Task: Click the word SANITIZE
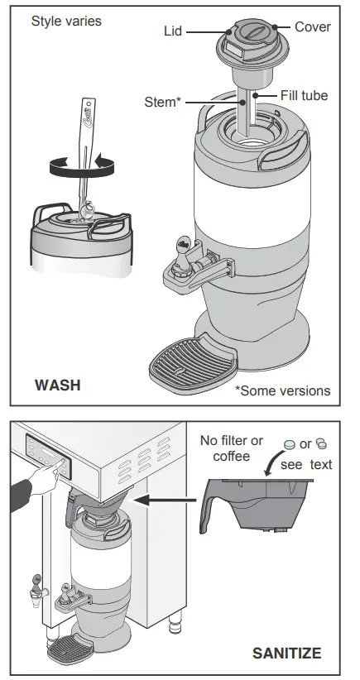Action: (286, 653)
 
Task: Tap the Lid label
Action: (173, 31)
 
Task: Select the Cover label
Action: (312, 26)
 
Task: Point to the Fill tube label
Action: (304, 95)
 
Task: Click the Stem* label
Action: (163, 103)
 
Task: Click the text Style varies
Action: (66, 21)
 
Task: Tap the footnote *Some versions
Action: (283, 390)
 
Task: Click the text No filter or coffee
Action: (232, 448)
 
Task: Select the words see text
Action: (306, 464)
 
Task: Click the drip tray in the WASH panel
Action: (193, 363)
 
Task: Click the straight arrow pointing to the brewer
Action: (166, 500)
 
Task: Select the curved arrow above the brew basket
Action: (273, 462)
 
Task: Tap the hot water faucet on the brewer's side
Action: (36, 585)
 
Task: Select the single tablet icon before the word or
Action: (289, 444)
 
